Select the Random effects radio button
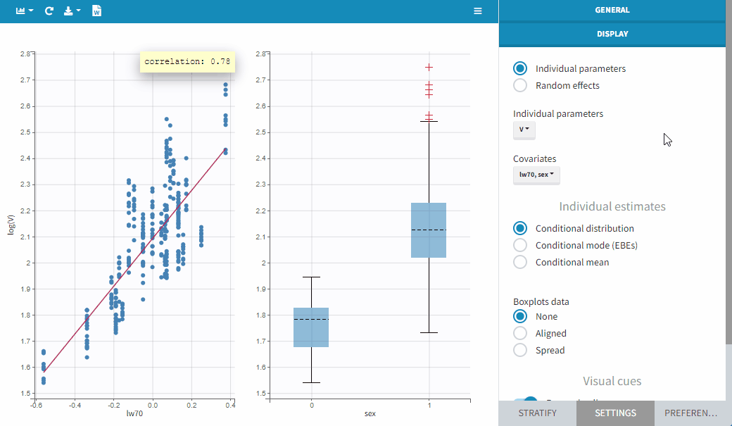[520, 85]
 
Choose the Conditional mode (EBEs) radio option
[520, 245]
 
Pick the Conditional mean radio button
[520, 262]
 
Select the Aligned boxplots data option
[520, 333]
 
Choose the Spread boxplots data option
[520, 350]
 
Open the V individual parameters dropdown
[524, 130]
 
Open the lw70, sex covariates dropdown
[536, 175]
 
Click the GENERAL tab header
[612, 11]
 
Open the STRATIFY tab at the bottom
[537, 413]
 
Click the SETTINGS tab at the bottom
[615, 413]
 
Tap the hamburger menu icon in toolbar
[478, 11]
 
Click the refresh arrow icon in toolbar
[49, 11]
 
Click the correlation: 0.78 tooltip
[187, 61]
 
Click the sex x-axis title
[370, 413]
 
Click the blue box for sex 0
[311, 327]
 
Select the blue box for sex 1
[429, 230]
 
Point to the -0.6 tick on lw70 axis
[34, 406]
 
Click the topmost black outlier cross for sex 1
[429, 67]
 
